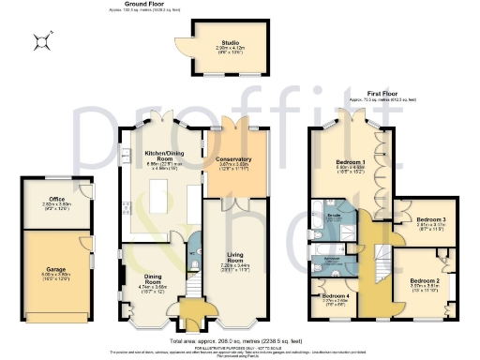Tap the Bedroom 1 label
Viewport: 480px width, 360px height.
[350, 161]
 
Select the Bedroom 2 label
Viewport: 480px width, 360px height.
[425, 280]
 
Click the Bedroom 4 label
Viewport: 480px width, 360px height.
[336, 296]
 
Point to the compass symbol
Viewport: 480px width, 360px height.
[41, 39]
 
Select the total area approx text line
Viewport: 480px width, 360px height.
[239, 340]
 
